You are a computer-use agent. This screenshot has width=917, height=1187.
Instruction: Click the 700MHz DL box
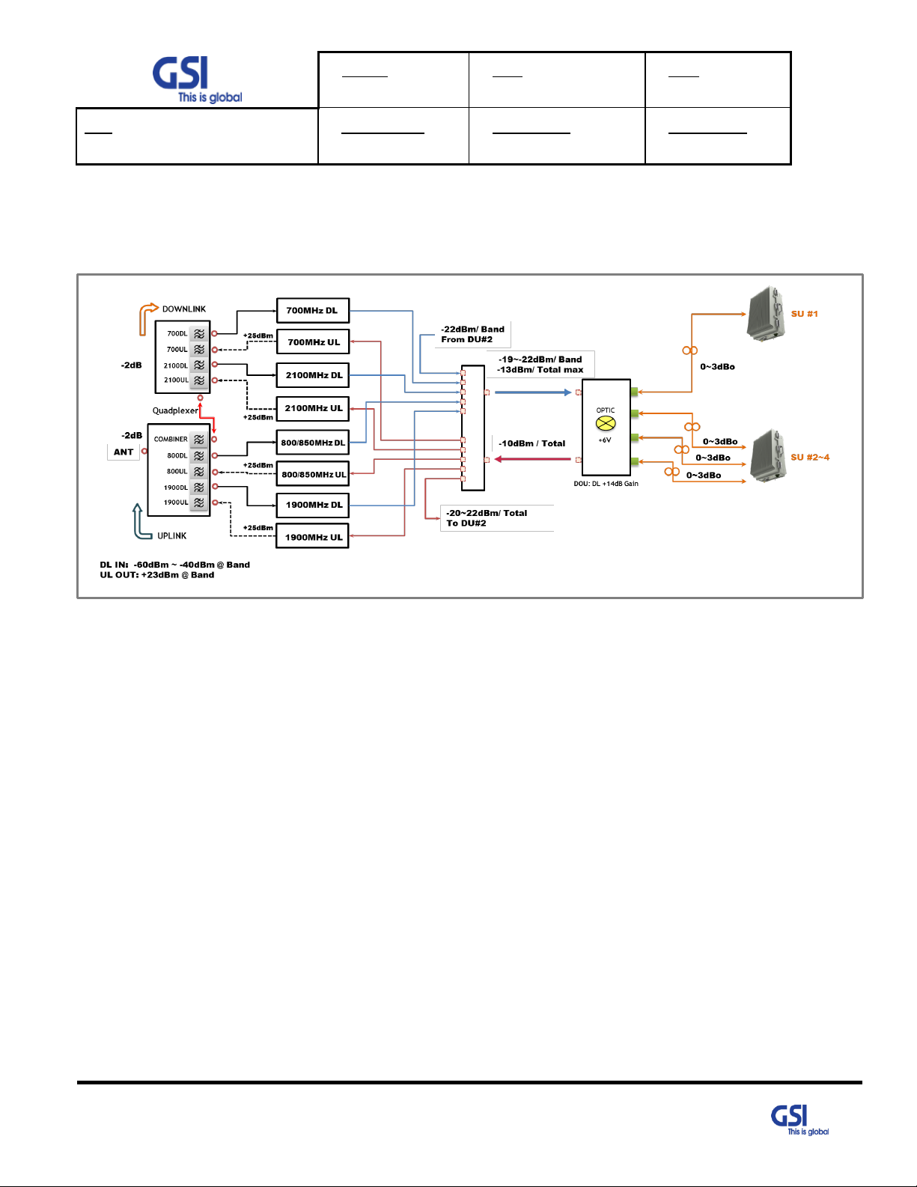tap(313, 310)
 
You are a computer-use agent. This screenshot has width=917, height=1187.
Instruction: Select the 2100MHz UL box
tap(313, 408)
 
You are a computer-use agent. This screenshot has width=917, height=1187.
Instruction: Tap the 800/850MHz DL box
tap(313, 443)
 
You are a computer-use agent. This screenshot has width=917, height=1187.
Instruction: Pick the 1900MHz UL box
tap(313, 536)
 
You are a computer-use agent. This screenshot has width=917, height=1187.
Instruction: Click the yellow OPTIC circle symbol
tap(606, 423)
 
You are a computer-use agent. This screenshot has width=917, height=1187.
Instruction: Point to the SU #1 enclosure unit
tap(767, 314)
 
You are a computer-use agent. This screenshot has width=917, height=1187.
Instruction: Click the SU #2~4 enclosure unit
tap(770, 457)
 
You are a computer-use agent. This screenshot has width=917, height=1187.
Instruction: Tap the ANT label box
tap(124, 452)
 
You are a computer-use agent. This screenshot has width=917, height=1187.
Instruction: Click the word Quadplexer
tap(175, 410)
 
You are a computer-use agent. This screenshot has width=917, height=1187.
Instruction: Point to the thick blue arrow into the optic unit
tap(533, 392)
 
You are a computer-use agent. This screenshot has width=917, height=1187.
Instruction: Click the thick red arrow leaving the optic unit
tap(532, 459)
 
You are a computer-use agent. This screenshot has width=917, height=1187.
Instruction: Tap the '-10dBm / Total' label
tap(531, 443)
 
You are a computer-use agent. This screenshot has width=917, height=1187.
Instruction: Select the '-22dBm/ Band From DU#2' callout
tap(472, 334)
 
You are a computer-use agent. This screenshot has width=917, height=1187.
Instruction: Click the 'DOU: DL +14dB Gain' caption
tap(606, 484)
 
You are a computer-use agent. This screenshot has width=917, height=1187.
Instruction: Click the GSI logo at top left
tap(197, 79)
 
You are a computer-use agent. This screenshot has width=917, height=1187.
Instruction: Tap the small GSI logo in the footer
tap(799, 1120)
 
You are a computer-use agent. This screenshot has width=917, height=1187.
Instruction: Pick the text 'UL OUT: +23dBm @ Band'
tap(156, 574)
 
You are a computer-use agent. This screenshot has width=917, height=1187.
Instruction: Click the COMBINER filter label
tap(171, 439)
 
